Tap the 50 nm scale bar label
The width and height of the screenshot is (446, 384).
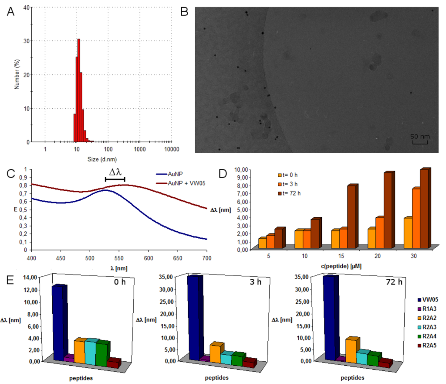(420, 137)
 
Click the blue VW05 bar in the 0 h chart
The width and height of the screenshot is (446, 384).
(58, 323)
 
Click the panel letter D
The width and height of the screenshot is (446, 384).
(223, 173)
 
